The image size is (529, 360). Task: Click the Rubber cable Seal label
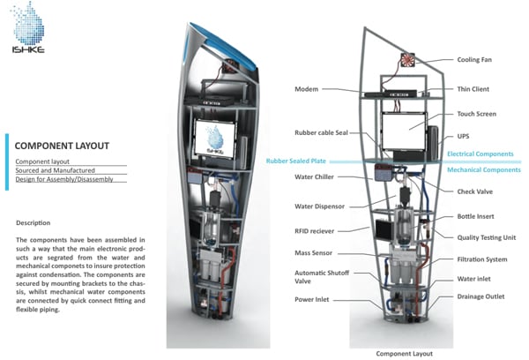pyautogui.click(x=321, y=133)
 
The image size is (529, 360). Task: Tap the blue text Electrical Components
pyautogui.click(x=481, y=154)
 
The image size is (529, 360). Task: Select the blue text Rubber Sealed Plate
pyautogui.click(x=302, y=161)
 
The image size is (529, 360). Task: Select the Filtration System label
pyautogui.click(x=483, y=259)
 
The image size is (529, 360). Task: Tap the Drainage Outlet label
pyautogui.click(x=481, y=296)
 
